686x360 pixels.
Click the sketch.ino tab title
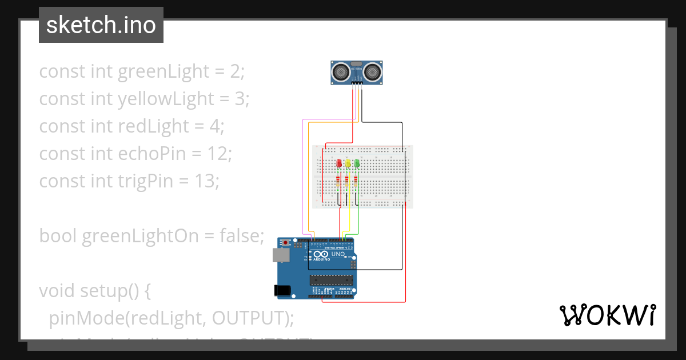click(x=101, y=25)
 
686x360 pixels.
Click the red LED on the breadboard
click(x=339, y=163)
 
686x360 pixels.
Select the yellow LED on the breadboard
click(x=348, y=163)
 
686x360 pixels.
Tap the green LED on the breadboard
click(x=357, y=163)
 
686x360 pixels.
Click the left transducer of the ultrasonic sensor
click(x=341, y=71)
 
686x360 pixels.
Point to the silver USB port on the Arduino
click(x=281, y=255)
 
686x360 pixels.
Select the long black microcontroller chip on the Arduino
click(x=330, y=280)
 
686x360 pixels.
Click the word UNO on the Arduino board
click(x=338, y=254)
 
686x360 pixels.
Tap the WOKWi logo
click(x=607, y=315)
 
